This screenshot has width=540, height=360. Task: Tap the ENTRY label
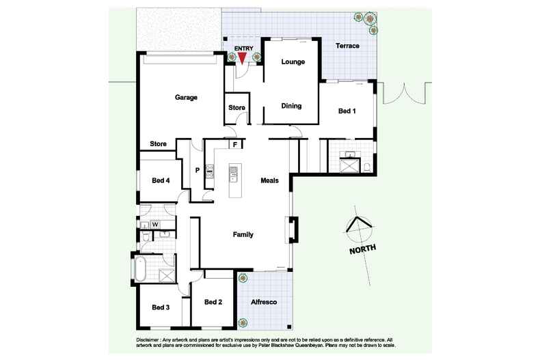pos(243,48)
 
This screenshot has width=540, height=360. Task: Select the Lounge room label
pos(293,62)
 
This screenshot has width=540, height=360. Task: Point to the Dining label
pos(291,106)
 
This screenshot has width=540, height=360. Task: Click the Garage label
pos(186,98)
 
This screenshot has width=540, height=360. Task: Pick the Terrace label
pos(347,46)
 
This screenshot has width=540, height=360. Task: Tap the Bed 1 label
pos(347,111)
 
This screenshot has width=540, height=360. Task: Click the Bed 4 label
pos(161,180)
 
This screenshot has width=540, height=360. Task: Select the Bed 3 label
pos(161,307)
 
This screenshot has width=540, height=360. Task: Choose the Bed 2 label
pos(213,302)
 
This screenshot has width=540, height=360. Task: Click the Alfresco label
pos(264,302)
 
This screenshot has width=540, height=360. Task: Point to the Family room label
pos(243,234)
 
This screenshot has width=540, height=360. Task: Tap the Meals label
pos(269,180)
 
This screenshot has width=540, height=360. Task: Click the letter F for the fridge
pos(235,144)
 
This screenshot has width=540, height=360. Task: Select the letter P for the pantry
pos(198,171)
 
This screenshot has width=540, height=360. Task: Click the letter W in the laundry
pos(155,224)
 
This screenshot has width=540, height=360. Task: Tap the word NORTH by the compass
pos(362,250)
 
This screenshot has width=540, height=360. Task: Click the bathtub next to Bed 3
pos(140,268)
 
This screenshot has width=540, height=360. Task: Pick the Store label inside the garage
pos(159,144)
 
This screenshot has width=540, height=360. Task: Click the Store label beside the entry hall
pos(237,108)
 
